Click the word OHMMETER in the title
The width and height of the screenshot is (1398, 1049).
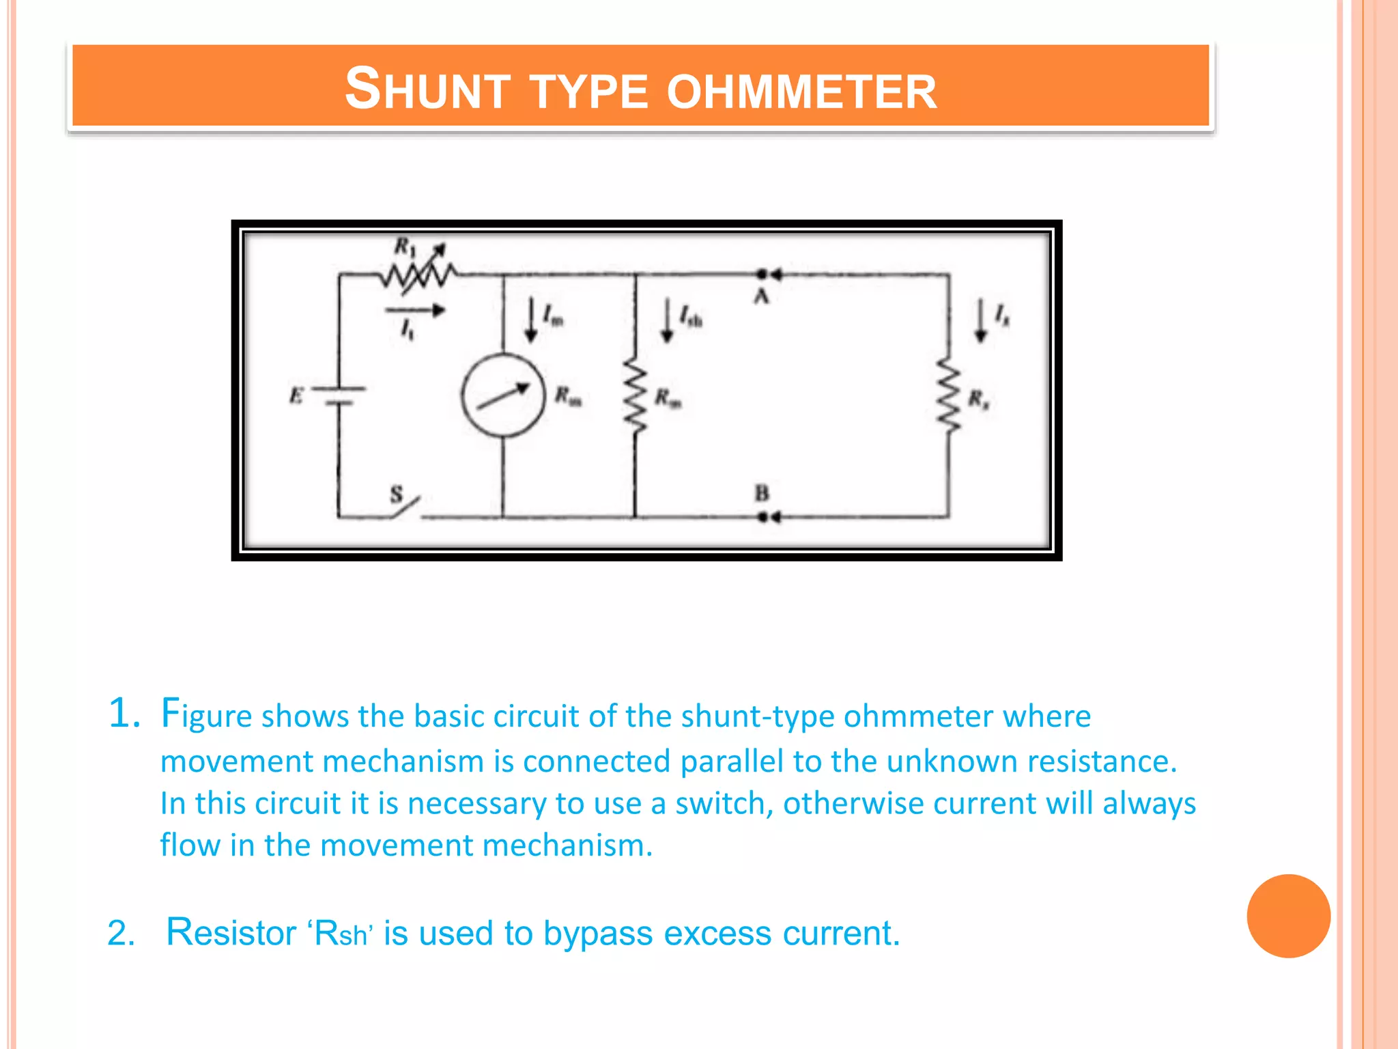coord(801,91)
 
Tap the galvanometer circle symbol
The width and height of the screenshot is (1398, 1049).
coord(503,395)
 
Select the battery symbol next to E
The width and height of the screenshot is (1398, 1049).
coord(339,395)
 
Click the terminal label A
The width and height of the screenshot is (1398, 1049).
coord(761,296)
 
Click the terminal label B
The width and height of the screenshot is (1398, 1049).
coord(762,492)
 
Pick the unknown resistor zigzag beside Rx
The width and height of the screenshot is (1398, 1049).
coord(947,395)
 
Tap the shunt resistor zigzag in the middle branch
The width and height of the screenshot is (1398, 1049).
coord(635,397)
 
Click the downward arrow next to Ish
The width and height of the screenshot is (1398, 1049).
coord(667,320)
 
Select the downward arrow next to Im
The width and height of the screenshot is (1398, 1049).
coord(530,320)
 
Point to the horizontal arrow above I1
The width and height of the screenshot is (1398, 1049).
coord(415,311)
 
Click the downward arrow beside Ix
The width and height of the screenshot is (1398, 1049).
coord(980,320)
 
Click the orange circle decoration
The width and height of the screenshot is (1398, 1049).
coord(1288,916)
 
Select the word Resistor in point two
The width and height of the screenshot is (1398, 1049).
coord(231,932)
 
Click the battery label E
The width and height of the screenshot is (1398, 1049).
coord(296,395)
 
